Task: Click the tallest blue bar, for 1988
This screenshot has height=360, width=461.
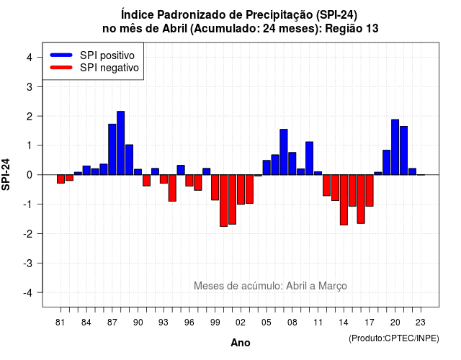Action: pyautogui.click(x=120, y=143)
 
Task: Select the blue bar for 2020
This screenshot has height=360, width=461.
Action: pyautogui.click(x=395, y=147)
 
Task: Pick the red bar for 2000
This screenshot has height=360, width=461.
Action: pyautogui.click(x=223, y=200)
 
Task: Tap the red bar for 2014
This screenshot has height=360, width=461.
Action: pyautogui.click(x=344, y=200)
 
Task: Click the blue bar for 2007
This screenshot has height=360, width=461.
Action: pyautogui.click(x=284, y=152)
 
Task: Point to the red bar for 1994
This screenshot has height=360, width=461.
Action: pyautogui.click(x=172, y=188)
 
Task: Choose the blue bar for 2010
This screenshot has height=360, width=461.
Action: pyautogui.click(x=309, y=158)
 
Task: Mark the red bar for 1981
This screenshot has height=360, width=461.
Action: pyautogui.click(x=61, y=179)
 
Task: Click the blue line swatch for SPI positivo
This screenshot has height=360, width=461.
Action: pyautogui.click(x=61, y=55)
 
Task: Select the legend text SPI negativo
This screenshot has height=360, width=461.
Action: pyautogui.click(x=109, y=68)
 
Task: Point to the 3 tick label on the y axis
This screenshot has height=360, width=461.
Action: pyautogui.click(x=30, y=86)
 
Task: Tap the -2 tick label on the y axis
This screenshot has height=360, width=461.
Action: pyautogui.click(x=28, y=233)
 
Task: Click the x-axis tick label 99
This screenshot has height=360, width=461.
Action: pyautogui.click(x=215, y=323)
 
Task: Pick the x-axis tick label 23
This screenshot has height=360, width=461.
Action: pyautogui.click(x=421, y=323)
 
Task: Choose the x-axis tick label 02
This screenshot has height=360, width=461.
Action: pyautogui.click(x=241, y=323)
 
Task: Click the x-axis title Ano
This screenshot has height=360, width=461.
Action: pyautogui.click(x=241, y=343)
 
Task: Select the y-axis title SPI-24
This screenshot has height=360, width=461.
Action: pyautogui.click(x=6, y=174)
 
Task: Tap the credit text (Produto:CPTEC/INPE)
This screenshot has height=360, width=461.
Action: pyautogui.click(x=394, y=338)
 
